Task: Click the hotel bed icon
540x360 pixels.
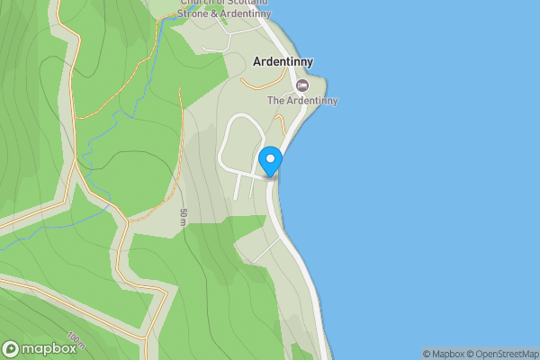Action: coord(301,85)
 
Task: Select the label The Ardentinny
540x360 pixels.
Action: coord(302,101)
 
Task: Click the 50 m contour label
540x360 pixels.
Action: coord(183,216)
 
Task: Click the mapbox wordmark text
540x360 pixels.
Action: coord(49,348)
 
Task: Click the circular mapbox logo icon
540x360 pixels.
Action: coord(12,348)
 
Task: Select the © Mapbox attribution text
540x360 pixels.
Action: coord(443,354)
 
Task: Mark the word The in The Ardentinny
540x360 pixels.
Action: coord(276,101)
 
